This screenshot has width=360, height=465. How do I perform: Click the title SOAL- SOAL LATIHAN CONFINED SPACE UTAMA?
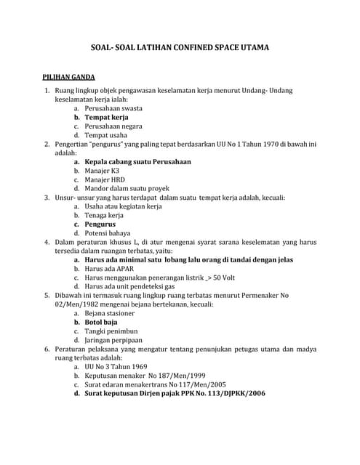180,48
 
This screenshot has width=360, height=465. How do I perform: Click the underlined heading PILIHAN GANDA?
71,76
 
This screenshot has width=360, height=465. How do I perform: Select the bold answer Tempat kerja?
106,116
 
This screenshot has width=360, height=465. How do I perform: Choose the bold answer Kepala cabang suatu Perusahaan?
137,161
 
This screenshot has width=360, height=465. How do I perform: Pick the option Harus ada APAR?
109,268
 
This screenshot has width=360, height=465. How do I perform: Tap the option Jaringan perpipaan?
113,340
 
